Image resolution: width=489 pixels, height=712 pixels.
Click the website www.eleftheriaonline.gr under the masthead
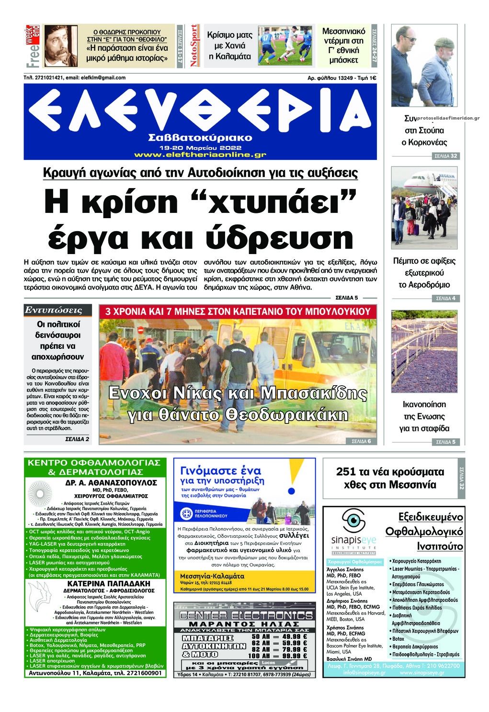(x=200, y=155)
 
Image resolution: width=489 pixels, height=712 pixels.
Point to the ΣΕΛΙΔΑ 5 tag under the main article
(x=350, y=297)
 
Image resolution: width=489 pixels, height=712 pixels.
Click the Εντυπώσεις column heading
(x=54, y=310)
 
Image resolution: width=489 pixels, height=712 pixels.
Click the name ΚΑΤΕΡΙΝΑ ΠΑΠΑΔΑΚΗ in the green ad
(x=95, y=584)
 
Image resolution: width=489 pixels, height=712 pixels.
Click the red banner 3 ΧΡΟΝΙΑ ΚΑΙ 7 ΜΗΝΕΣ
(x=238, y=311)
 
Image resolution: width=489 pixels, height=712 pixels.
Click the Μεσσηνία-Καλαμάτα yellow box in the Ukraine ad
(x=213, y=576)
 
